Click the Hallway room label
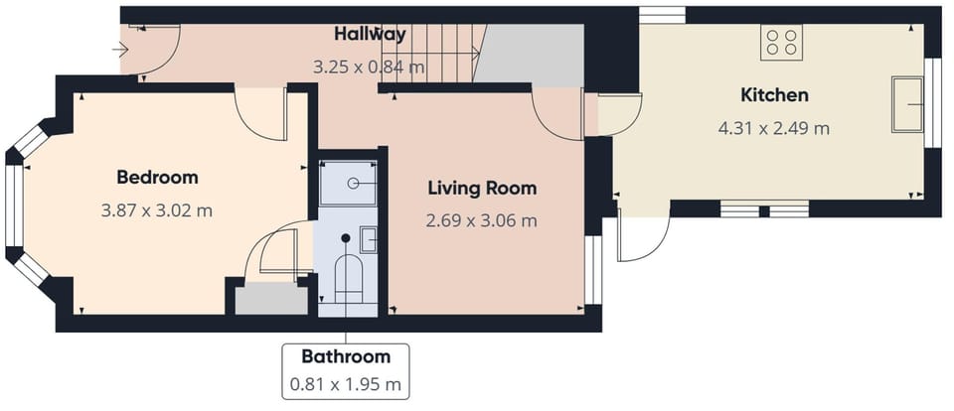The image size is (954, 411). (x=370, y=34)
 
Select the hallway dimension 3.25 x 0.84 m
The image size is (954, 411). (x=369, y=68)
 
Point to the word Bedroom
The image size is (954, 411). (x=157, y=178)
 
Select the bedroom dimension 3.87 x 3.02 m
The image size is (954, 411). (x=157, y=210)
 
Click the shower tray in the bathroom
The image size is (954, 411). (x=349, y=182)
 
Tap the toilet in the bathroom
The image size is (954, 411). (x=347, y=277)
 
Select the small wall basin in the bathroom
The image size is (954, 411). (x=368, y=238)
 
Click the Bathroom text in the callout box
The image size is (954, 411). (x=346, y=356)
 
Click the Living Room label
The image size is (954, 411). (x=482, y=188)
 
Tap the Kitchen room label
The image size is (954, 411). (x=774, y=95)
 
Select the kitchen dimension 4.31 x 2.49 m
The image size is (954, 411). (x=773, y=128)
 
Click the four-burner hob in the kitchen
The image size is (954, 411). (x=781, y=42)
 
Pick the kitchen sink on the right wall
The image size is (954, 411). (x=907, y=103)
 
